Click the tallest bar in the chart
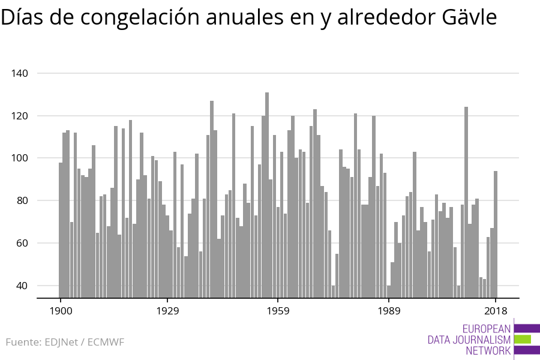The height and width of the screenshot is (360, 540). [267, 195]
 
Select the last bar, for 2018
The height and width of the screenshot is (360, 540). [496, 234]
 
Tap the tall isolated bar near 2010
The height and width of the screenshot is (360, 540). [466, 202]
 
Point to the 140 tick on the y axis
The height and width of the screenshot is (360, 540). [19, 73]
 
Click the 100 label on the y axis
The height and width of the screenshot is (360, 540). [19, 158]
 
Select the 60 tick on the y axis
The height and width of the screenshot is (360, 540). [22, 243]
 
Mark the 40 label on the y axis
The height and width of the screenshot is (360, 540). [22, 286]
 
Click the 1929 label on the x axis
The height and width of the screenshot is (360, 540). [168, 311]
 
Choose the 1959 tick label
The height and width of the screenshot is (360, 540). [278, 311]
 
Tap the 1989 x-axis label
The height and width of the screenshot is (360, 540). [389, 311]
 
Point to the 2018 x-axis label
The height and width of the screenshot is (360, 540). [496, 311]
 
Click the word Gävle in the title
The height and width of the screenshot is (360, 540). [469, 17]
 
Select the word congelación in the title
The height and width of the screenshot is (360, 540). [140, 17]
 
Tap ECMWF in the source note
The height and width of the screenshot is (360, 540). [106, 342]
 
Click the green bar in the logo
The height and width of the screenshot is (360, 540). [523, 340]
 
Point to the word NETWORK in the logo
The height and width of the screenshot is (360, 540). [488, 350]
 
